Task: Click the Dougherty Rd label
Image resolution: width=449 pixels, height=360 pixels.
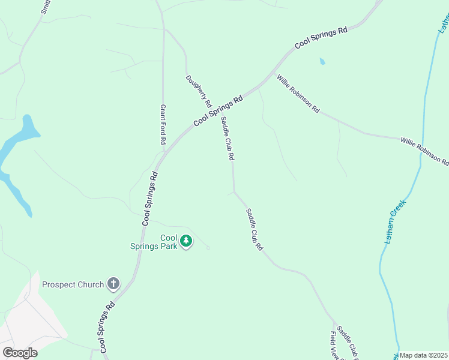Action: [x=199, y=91]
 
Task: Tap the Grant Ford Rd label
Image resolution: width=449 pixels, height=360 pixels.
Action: [x=163, y=124]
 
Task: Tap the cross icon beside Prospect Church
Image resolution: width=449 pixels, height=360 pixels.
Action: [x=113, y=284]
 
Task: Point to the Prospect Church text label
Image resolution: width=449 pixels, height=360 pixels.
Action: [x=74, y=284]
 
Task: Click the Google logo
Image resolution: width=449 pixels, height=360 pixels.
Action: [x=20, y=353]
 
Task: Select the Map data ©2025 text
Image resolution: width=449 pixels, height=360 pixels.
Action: [x=423, y=355]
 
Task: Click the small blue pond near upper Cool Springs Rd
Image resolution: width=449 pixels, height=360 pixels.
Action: [x=322, y=61]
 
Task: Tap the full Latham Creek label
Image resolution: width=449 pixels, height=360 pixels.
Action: [x=395, y=221]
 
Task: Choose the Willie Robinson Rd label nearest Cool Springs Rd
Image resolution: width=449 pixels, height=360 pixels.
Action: [x=298, y=94]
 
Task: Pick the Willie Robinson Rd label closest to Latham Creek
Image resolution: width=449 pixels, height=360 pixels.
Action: [x=424, y=150]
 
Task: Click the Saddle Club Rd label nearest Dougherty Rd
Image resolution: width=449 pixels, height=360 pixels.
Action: [x=226, y=138]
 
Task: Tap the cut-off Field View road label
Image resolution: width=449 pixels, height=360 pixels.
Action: [x=334, y=345]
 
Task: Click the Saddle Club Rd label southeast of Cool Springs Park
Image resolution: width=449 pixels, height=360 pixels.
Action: [x=255, y=229]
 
